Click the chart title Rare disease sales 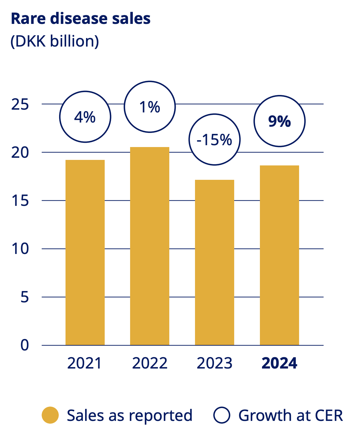point(81,19)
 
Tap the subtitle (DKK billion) point(55,41)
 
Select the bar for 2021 point(85,252)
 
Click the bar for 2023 point(215,262)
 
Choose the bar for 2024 point(279,255)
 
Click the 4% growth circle point(85,117)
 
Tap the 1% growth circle point(150,107)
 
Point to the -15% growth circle point(215,139)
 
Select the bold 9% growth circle point(279,121)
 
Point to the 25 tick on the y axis point(20,104)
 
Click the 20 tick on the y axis point(20,152)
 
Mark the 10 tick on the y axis point(20,249)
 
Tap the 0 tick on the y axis point(24,345)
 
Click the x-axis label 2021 point(84,363)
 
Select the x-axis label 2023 point(215,363)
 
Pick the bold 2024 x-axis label point(279,363)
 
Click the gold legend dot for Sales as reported point(50,415)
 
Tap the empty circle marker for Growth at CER point(222,415)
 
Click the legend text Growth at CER point(291,415)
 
